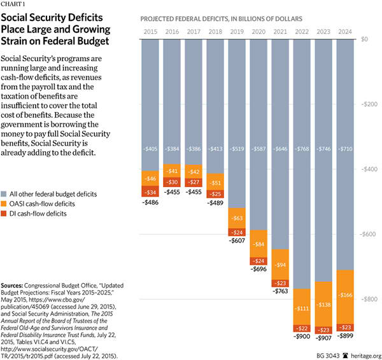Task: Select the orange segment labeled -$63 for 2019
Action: pos(236,218)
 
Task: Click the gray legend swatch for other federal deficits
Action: pos(6,193)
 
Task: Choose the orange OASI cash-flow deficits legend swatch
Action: pos(6,204)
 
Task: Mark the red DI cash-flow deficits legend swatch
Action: pos(6,214)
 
